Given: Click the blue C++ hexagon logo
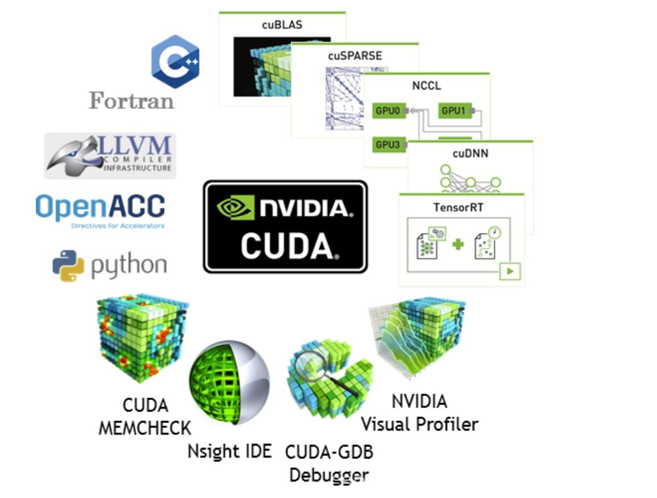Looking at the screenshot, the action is coord(175,61).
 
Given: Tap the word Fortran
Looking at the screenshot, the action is coord(131,101).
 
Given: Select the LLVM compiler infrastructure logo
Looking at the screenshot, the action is coord(110,156).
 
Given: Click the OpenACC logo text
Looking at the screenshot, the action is coord(100,207).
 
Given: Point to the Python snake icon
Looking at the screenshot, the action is coord(68,266).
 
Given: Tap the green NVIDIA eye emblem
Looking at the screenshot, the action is coord(235,207).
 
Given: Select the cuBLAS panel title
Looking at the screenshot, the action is coord(282,25).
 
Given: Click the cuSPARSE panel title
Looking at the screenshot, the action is coord(355,56).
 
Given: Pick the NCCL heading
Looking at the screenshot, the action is coord(426,85).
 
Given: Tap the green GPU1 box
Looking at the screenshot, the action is coord(455,111).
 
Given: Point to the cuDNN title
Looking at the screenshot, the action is coord(470,153).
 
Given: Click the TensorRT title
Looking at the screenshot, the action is coord(458,207).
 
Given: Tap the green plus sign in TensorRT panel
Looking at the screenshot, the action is coord(458,244).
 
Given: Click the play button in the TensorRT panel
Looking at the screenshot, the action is coord(510,271).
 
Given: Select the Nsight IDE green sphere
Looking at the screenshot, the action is coord(229,382).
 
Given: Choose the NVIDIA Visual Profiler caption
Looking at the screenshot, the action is coord(420,413).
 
